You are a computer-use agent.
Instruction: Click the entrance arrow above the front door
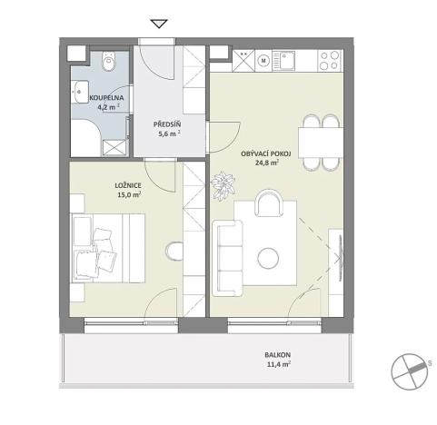pyautogui.click(x=160, y=25)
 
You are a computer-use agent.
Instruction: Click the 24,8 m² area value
pyautogui.click(x=265, y=164)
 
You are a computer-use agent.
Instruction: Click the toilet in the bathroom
pyautogui.click(x=108, y=63)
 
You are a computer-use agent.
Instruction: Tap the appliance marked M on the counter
pyautogui.click(x=264, y=62)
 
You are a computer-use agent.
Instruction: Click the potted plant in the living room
pyautogui.click(x=221, y=187)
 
